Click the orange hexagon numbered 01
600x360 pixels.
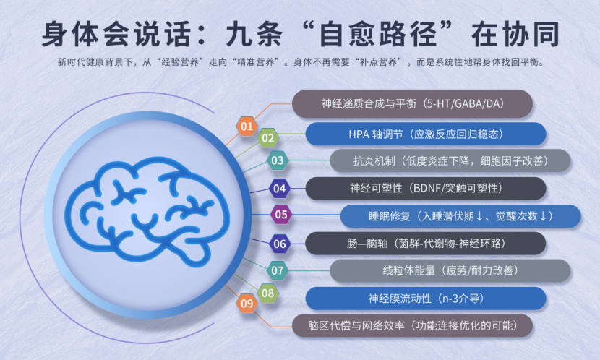[247, 127]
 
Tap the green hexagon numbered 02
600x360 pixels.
[268, 138]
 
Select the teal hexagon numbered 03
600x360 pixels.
[278, 160]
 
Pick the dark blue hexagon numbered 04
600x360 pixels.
[279, 188]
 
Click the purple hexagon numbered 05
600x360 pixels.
[281, 214]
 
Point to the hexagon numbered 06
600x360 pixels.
[280, 244]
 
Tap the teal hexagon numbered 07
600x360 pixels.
[278, 270]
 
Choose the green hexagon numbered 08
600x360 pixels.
[268, 293]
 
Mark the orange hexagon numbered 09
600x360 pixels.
[247, 304]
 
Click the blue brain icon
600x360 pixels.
[147, 212]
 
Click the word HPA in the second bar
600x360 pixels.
[359, 134]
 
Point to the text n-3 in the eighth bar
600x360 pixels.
[451, 299]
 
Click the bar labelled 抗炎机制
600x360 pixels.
[450, 160]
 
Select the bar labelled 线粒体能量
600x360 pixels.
[450, 270]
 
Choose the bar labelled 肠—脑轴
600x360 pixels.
[426, 244]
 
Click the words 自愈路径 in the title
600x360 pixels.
[377, 35]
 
